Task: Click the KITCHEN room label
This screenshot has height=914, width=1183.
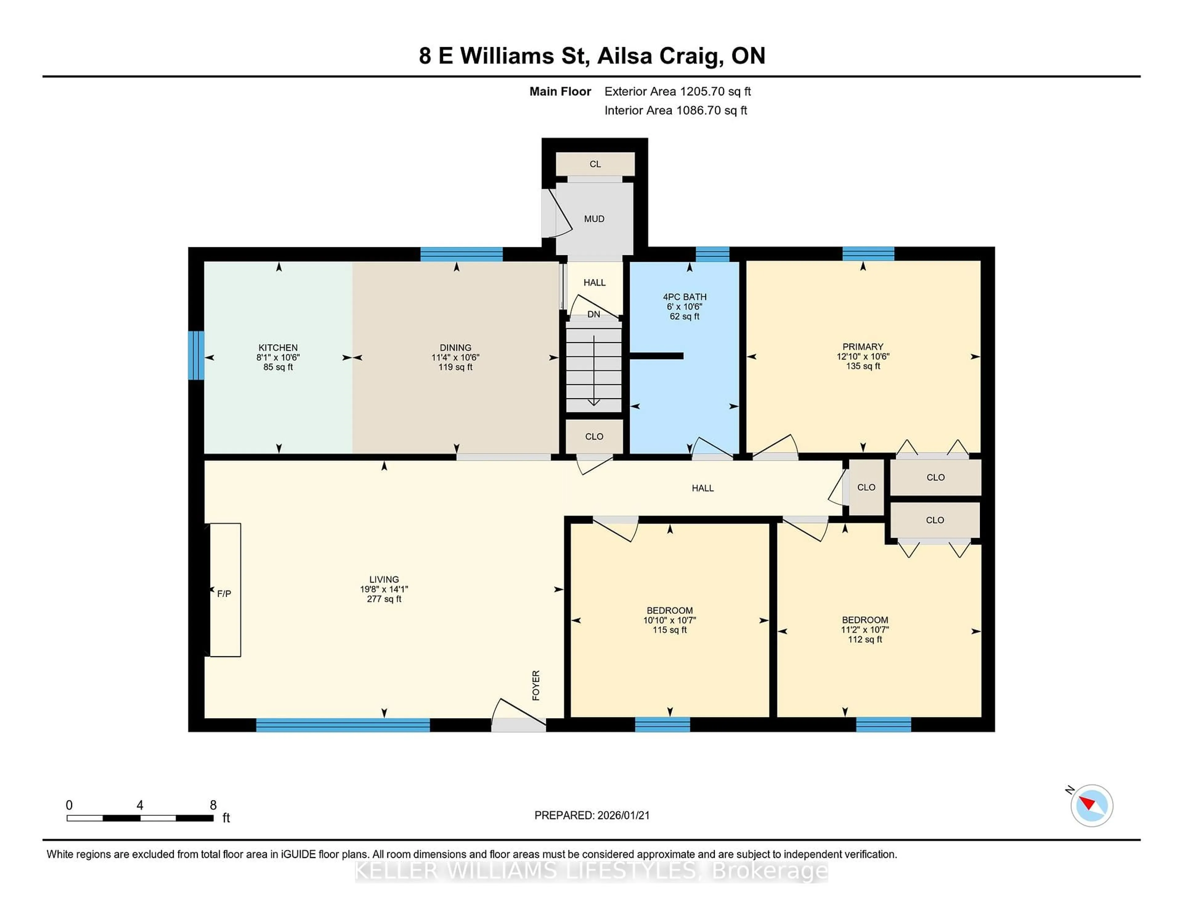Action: click(278, 348)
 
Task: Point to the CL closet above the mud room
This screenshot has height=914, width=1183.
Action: click(595, 164)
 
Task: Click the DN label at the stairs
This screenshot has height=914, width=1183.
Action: click(594, 314)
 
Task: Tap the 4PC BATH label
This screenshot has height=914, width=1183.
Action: click(684, 297)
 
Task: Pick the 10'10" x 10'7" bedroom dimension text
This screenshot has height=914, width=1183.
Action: click(669, 620)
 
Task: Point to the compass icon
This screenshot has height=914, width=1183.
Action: click(1092, 805)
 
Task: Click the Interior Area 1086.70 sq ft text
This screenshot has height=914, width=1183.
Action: click(676, 111)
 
